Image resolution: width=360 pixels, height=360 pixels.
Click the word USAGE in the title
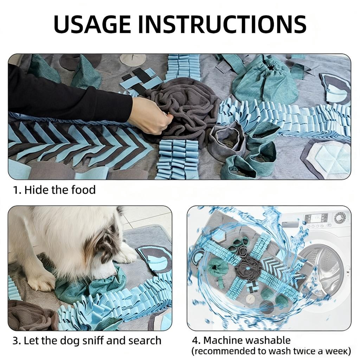(92, 24)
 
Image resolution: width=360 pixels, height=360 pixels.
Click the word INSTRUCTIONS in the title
(222, 24)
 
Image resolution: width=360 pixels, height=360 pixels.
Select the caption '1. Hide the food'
(54, 190)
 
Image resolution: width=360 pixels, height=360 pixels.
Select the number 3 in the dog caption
(15, 341)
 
